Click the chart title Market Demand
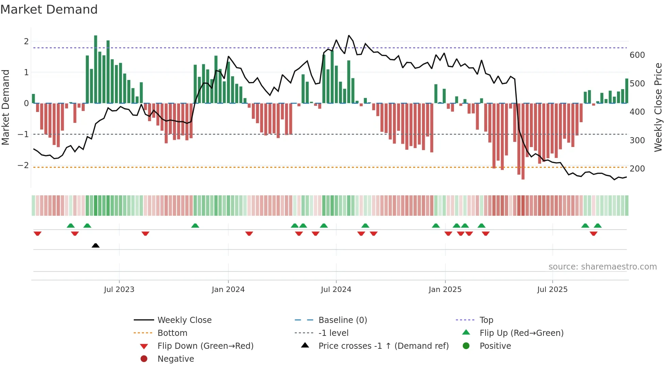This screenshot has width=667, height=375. (x=49, y=10)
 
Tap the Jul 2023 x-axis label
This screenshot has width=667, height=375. (x=119, y=290)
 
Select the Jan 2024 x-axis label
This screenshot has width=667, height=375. (x=228, y=290)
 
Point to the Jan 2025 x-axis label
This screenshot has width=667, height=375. (x=445, y=290)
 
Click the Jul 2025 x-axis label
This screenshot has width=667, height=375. (x=552, y=290)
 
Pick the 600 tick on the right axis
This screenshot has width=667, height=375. (x=637, y=55)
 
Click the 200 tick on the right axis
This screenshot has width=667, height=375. (x=637, y=169)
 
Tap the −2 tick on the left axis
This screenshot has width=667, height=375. (x=23, y=165)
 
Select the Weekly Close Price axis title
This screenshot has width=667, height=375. (x=658, y=107)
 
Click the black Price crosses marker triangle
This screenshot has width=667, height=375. (x=96, y=245)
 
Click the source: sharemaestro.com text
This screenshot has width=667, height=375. (x=602, y=267)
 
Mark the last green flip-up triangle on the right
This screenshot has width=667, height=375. (x=598, y=226)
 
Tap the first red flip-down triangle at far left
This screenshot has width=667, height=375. (x=37, y=233)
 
